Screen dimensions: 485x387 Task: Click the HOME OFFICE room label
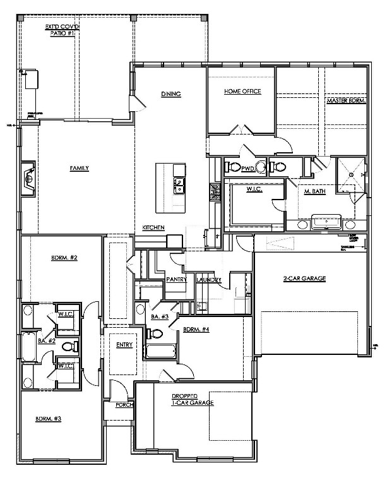point(242,92)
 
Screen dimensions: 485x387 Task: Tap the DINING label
point(170,94)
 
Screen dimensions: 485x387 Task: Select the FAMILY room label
point(79,168)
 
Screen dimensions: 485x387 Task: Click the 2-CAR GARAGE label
point(304,278)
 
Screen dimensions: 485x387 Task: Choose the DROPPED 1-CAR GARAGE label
point(193,399)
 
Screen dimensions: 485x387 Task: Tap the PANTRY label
point(174,278)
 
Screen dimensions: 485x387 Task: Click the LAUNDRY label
point(208,278)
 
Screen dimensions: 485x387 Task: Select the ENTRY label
point(124,344)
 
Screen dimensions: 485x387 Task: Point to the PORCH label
point(124,405)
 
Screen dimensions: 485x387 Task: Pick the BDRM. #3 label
point(48,419)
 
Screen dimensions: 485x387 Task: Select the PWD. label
point(247,168)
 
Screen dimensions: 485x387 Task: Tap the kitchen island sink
point(179,185)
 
